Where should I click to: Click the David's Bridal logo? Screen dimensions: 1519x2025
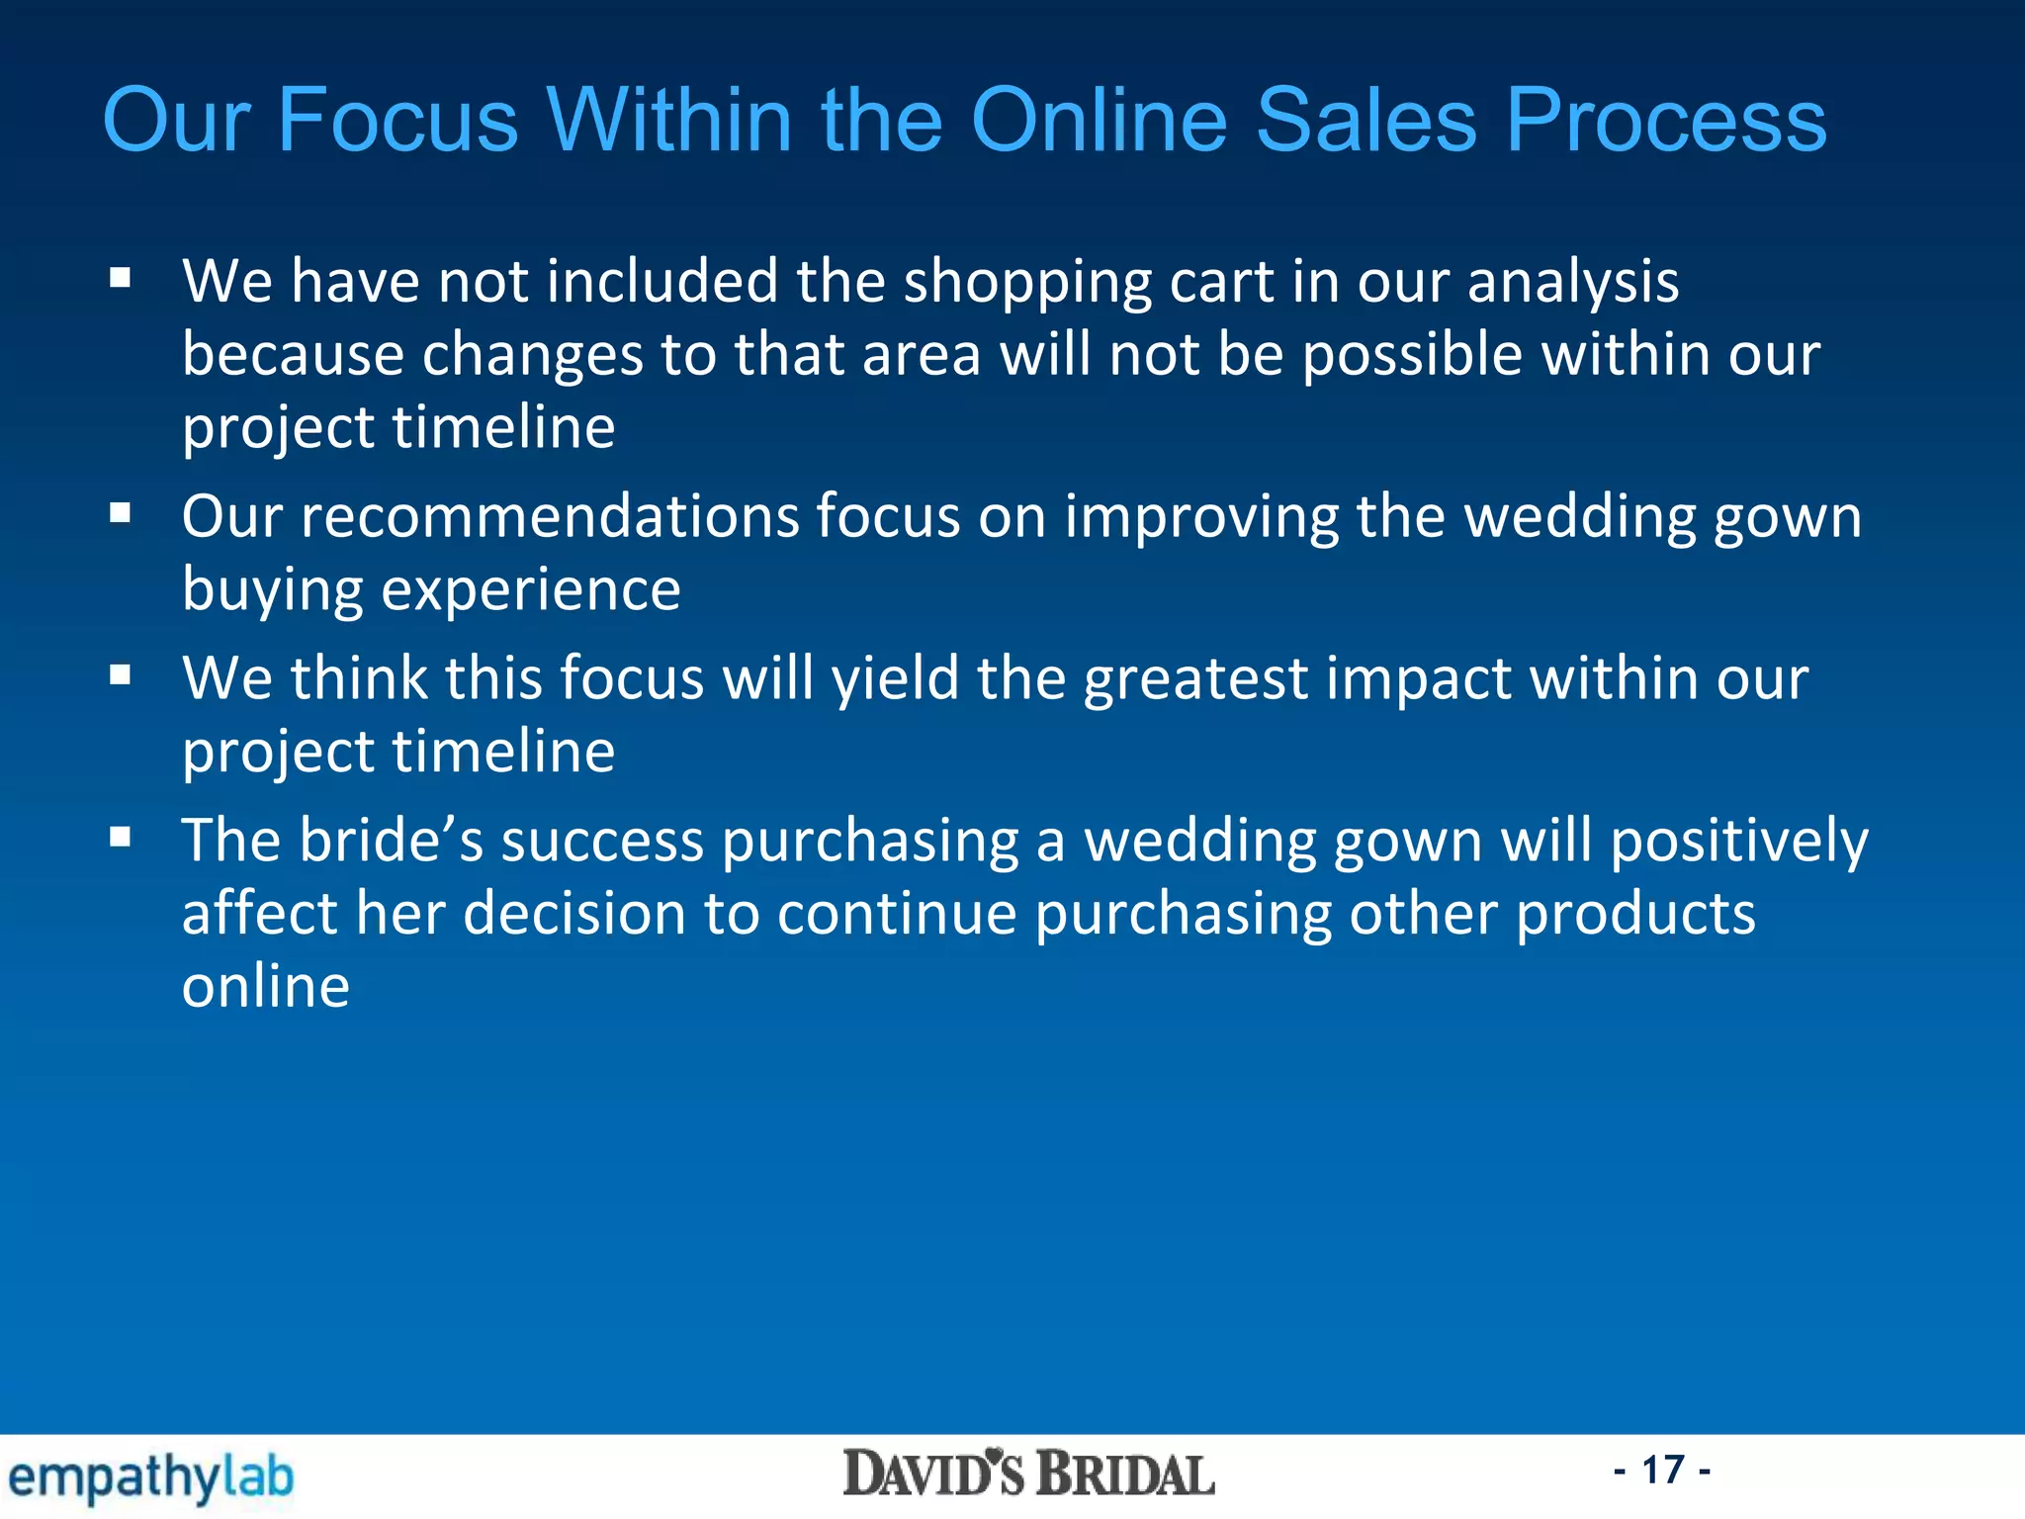tap(1028, 1474)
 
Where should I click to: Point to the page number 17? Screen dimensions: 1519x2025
tap(1662, 1470)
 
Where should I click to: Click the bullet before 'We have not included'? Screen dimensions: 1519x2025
tap(121, 279)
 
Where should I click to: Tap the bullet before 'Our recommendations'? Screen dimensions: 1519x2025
tap(121, 514)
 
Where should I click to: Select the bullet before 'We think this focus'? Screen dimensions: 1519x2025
tap(121, 676)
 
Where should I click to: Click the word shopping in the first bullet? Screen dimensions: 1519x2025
tap(1027, 284)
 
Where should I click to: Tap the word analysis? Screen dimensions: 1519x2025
tap(1572, 284)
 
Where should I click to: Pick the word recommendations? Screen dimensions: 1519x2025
tap(550, 517)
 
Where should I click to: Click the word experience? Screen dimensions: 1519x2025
tap(530, 591)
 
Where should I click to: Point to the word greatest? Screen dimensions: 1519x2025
tap(1195, 681)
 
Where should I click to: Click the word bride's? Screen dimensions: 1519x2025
tap(392, 841)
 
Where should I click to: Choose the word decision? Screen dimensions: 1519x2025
tap(573, 914)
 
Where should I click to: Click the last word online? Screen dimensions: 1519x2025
tap(266, 986)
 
